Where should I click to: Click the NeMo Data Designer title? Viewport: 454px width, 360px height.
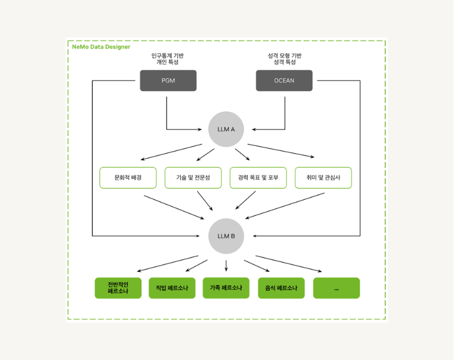101,47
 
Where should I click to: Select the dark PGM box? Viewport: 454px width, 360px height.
168,81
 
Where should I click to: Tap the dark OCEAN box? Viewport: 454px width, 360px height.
284,81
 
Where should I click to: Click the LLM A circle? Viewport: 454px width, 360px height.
226,129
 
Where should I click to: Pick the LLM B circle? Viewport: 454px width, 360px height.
226,236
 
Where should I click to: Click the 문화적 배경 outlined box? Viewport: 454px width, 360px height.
128,177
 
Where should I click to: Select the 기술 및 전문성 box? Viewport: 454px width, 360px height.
193,177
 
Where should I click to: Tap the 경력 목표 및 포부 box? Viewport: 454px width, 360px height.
258,177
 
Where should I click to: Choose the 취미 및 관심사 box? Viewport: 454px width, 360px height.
323,177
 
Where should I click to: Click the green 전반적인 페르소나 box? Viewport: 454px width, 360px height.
118,288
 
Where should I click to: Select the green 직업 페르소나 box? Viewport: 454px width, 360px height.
172,288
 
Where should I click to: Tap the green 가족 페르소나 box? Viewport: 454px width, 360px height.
226,288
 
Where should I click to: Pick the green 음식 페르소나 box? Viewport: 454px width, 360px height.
281,288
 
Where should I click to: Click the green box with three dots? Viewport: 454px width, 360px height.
336,288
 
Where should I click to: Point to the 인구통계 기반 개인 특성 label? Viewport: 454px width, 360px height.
167,59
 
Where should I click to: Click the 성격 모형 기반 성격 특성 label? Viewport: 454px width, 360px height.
285,59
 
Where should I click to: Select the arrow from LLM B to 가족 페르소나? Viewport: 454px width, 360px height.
226,266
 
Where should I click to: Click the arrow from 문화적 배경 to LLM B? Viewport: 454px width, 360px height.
175,207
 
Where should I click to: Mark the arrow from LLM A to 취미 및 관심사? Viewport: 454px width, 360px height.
281,151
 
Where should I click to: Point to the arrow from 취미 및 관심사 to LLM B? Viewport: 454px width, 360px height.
285,206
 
